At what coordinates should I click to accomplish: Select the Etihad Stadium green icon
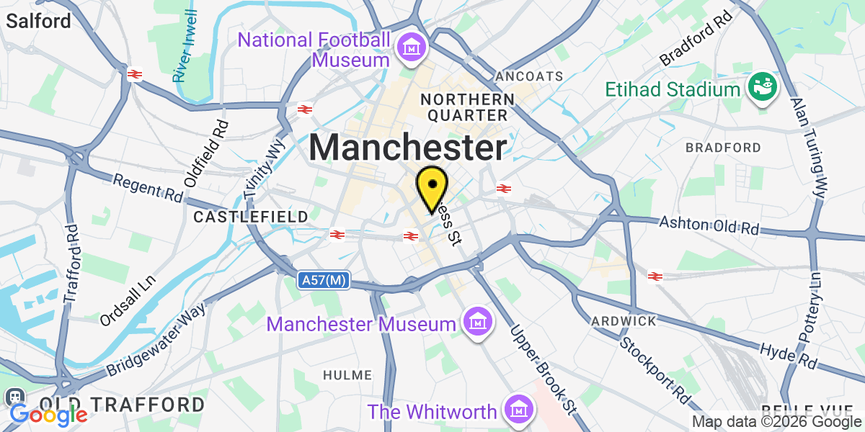761,89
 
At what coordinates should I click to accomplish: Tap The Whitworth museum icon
518,410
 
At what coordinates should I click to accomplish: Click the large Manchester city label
408,148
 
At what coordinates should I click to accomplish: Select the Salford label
38,21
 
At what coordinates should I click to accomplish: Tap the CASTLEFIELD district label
251,216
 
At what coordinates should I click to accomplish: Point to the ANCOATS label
529,76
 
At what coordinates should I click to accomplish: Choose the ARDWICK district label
623,320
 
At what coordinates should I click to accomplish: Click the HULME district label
347,375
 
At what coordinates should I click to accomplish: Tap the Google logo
48,415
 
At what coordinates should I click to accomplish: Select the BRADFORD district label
723,148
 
